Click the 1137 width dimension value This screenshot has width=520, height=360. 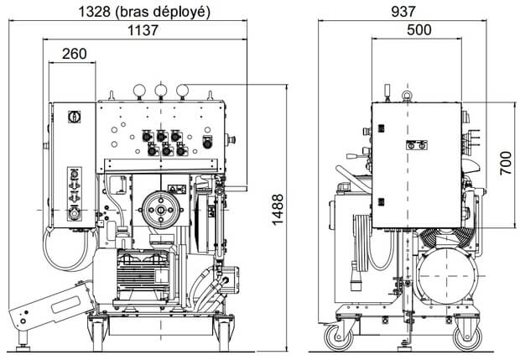click(145, 31)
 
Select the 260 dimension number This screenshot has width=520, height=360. click(75, 54)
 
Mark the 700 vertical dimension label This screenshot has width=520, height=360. click(505, 160)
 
